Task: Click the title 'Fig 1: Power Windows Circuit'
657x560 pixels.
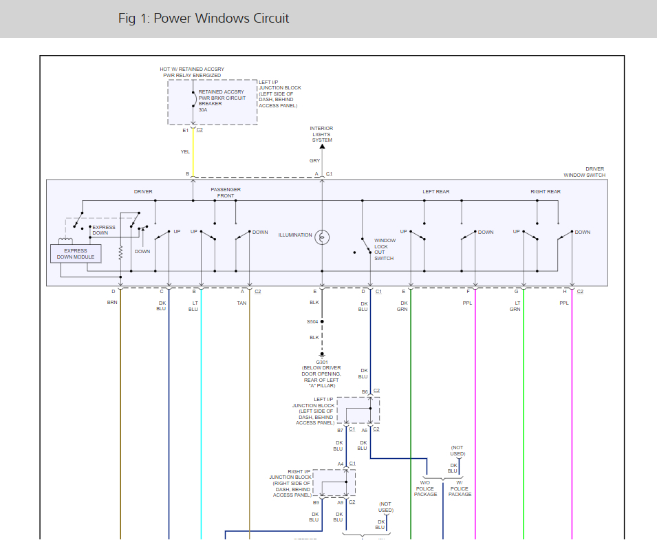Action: [204, 19]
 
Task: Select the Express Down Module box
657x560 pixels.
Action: [76, 254]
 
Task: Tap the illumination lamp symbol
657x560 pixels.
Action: [322, 237]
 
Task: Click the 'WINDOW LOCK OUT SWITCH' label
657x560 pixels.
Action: [385, 249]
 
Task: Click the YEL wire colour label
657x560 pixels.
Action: [185, 151]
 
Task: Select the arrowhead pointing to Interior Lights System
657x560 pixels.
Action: [321, 145]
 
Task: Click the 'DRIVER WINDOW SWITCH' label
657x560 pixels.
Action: [585, 172]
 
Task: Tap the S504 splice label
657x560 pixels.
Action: [313, 321]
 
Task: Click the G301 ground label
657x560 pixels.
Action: [321, 362]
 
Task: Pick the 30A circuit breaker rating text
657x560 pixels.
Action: [203, 109]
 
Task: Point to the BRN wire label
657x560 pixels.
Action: [113, 303]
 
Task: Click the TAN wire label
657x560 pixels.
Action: [241, 303]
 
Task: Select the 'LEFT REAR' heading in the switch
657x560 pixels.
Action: [436, 192]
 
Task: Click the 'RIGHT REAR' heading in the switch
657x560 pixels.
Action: [546, 192]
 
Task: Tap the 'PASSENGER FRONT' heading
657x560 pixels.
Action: [226, 193]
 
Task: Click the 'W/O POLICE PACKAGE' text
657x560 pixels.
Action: [425, 488]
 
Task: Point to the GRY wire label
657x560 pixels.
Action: [314, 161]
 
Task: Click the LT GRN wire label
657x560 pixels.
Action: [515, 305]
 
